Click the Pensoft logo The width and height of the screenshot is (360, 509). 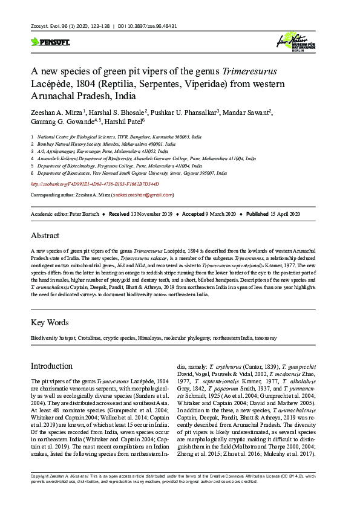point(50,42)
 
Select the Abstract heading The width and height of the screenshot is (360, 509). point(46,235)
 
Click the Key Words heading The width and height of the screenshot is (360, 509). point(50,322)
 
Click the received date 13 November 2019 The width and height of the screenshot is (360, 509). point(149,215)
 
